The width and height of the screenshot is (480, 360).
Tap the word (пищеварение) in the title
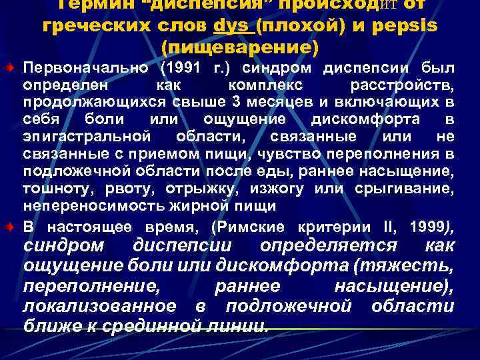tap(240, 48)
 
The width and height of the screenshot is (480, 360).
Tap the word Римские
tap(255, 226)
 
